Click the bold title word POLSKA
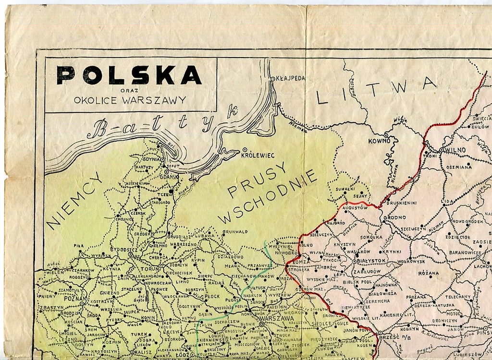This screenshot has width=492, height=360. pyautogui.click(x=129, y=75)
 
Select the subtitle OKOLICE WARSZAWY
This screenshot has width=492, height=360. pyautogui.click(x=130, y=100)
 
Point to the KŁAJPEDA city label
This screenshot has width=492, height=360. pyautogui.click(x=290, y=78)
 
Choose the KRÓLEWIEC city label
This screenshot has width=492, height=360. pyautogui.click(x=261, y=156)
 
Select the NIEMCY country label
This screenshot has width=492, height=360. pyautogui.click(x=74, y=201)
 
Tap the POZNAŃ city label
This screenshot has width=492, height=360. pyautogui.click(x=73, y=298)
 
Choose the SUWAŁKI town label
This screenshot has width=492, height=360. pyautogui.click(x=345, y=189)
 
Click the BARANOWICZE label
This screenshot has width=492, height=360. pyautogui.click(x=465, y=252)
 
